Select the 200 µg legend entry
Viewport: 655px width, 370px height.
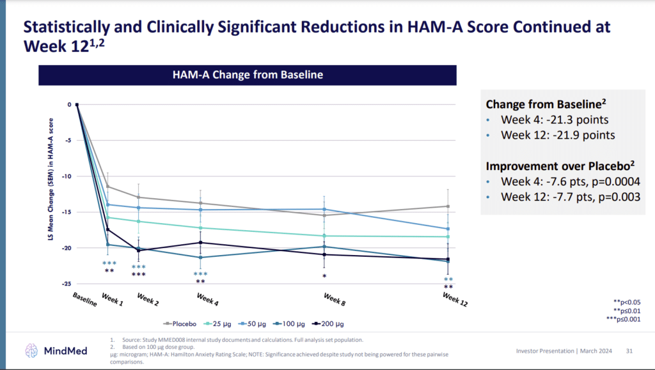click(x=330, y=324)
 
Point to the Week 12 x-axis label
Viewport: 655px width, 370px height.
click(x=455, y=300)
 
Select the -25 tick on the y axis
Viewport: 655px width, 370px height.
click(x=68, y=284)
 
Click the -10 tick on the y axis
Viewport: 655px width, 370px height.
click(x=68, y=176)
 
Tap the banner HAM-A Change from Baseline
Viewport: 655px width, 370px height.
click(x=248, y=75)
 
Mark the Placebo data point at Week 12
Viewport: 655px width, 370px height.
click(x=448, y=206)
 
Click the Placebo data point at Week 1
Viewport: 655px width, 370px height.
click(x=107, y=187)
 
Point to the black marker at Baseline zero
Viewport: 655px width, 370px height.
click(x=77, y=105)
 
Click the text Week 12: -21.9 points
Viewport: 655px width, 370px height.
click(x=557, y=135)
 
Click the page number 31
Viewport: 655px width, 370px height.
click(x=629, y=350)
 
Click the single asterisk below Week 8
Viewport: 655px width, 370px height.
click(x=324, y=277)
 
